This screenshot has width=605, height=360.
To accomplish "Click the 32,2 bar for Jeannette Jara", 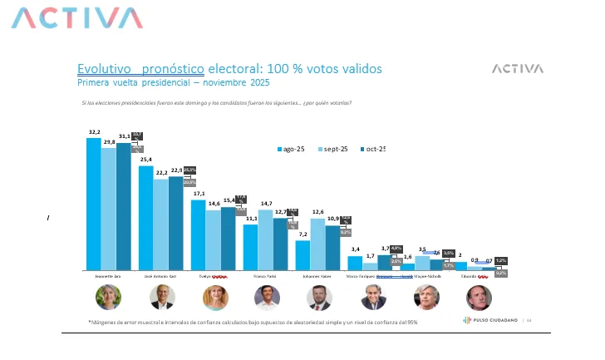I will pos(93,204).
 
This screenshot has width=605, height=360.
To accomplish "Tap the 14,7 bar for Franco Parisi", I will pos(266,240).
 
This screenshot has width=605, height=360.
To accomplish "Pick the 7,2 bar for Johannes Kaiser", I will pos(302,255).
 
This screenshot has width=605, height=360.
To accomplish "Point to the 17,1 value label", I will pos(199,194).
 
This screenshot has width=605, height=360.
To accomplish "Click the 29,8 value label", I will pos(108,142).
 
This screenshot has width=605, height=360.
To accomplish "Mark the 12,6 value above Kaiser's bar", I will pos(317,212).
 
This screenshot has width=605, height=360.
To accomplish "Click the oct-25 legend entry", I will pos(371,149).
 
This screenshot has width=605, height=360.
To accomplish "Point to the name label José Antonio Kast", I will pos(160,276).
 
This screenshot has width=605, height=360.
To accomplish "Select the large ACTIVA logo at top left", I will pos(79,18).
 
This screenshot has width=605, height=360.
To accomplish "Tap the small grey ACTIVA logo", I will pos(517,69).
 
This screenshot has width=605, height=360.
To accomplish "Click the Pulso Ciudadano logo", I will pos(491,320).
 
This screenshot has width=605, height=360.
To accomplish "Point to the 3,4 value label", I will pos(355,249).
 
